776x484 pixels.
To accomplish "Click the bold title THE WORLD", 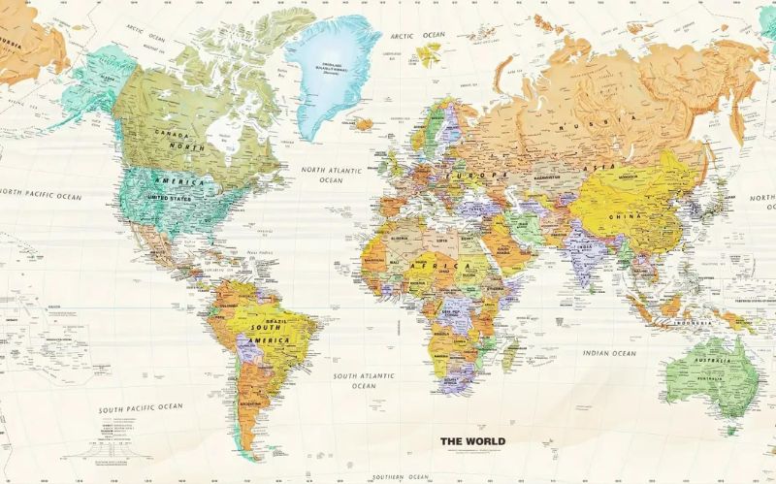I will pyautogui.click(x=472, y=441).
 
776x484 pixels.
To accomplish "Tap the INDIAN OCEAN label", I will pyautogui.click(x=608, y=353).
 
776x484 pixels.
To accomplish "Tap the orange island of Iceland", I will pyautogui.click(x=365, y=124).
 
